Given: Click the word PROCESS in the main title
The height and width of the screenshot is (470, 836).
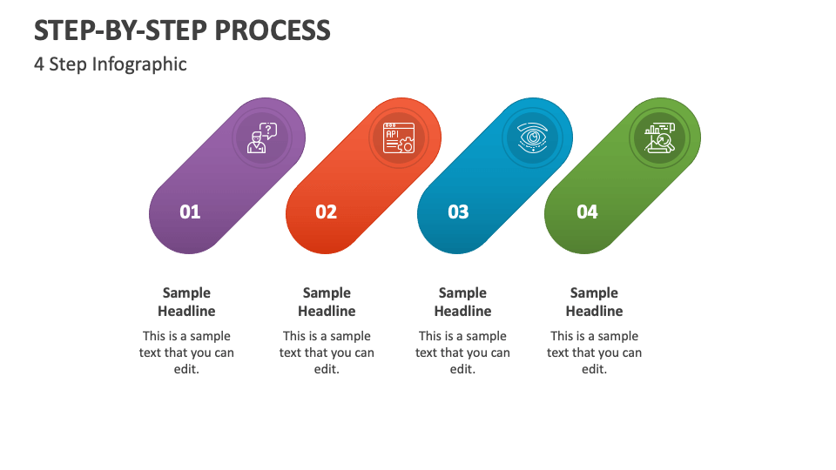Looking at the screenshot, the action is (273, 30).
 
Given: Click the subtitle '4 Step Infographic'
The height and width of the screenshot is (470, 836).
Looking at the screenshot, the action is (111, 64).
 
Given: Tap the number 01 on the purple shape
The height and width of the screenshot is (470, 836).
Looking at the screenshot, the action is (190, 212).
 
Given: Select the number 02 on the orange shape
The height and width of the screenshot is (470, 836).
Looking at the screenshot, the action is (326, 212).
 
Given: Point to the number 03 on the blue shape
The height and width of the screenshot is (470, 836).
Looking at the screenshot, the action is (458, 212).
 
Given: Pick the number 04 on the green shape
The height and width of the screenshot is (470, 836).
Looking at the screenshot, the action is (587, 212).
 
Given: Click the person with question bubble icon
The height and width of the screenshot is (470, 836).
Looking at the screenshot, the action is (262, 138).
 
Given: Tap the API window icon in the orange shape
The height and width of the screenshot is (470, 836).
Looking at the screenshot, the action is (399, 138).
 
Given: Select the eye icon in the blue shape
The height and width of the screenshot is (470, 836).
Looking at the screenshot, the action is (533, 138).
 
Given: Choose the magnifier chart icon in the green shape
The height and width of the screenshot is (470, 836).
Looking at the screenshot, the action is (659, 138).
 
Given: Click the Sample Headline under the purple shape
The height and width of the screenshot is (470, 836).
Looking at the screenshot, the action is (186, 302).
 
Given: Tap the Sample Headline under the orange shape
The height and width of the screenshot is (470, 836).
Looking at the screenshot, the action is (327, 302).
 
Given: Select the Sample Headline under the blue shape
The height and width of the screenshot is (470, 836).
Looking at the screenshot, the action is (462, 302).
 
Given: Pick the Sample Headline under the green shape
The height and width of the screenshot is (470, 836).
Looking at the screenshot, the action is (594, 302).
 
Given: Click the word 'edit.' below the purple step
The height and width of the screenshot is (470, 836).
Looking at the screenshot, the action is (186, 369).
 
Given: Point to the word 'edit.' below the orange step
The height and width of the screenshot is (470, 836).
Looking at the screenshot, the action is (327, 369).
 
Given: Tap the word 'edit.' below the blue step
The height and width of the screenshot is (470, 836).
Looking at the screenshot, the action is (462, 369).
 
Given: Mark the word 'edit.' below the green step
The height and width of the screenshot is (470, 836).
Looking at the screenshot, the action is (595, 369).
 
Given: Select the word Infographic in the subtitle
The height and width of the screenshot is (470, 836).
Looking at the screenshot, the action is (139, 64).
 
